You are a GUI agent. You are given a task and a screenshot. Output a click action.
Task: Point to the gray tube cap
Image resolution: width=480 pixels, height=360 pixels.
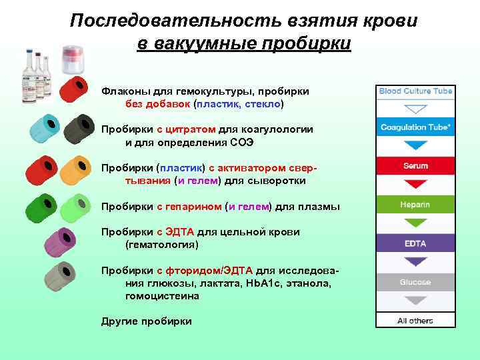point(64,273)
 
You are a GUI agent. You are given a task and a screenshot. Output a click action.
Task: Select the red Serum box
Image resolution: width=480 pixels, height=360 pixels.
point(415,165)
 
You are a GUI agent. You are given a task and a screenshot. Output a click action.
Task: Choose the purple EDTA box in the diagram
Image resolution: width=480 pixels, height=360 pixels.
point(415,243)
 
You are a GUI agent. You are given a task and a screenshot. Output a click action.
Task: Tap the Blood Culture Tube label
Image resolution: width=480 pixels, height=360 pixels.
point(415,91)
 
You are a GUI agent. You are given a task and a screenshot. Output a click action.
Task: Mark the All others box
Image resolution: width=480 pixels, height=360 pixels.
point(415,321)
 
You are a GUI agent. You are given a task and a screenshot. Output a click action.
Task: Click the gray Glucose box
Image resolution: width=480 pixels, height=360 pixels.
point(415,282)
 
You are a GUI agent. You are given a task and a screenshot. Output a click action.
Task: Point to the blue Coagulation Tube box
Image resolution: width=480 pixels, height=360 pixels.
point(415,127)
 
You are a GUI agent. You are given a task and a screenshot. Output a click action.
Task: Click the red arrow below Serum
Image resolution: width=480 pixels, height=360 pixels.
point(415,183)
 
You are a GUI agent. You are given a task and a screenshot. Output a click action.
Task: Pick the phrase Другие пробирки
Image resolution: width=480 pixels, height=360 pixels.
point(146,321)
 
